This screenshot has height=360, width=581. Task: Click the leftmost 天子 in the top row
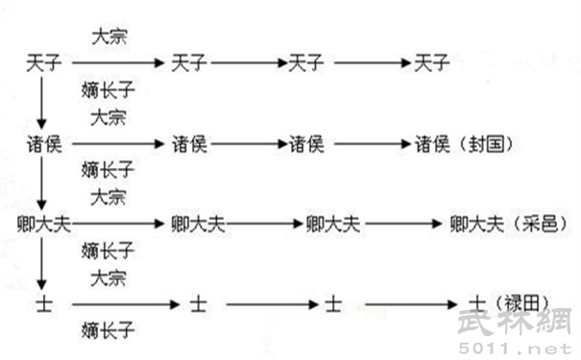pos(45,63)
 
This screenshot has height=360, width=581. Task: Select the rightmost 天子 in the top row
pos(431,63)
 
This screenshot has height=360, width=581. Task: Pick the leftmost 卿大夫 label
pos(45,224)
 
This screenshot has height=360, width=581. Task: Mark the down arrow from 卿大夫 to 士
pos(42,264)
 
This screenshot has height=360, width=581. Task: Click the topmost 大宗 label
pos(109,37)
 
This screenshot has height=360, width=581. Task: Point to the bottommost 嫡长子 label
pos(106,331)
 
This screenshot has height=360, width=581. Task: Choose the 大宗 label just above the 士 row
pos(109,278)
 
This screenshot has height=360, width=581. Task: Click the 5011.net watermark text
pos(534,344)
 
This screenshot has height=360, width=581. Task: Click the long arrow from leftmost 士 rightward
pos(125,304)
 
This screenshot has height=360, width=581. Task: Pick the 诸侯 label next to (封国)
pos(431,144)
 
